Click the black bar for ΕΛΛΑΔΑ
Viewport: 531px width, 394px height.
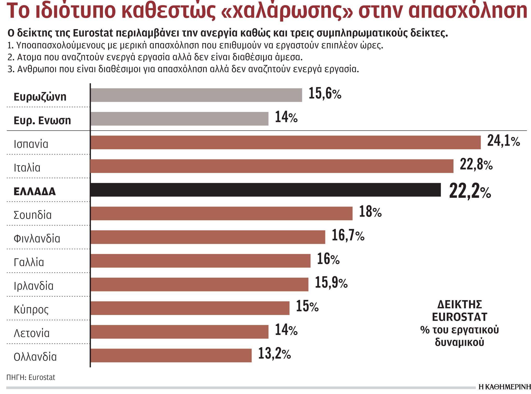pos(265,190)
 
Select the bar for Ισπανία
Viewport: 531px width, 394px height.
pos(285,142)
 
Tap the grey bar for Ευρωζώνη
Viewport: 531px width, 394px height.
pos(196,95)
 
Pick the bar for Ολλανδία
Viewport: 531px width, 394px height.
pos(171,355)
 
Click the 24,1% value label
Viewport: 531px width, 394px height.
pos(503,141)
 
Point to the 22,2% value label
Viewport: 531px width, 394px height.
pos(470,191)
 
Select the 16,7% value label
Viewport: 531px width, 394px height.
pos(348,235)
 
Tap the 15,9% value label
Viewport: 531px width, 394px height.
pos(331,283)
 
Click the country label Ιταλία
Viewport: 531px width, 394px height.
pos(27,168)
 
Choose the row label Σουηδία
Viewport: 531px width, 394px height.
pos(32,215)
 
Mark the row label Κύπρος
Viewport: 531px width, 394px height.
pos(31,310)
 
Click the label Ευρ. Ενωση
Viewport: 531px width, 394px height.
pos(42,121)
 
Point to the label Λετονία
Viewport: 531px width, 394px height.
pos(31,333)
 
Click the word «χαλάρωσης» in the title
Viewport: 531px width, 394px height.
pos(287,11)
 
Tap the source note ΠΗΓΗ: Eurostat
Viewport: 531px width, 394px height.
pos(31,377)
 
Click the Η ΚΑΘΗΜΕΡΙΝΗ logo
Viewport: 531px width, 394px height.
pos(504,387)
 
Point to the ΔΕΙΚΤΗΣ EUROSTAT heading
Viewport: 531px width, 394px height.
pos(459,311)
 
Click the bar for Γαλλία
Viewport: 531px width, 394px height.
pos(200,261)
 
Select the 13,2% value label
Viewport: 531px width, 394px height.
pos(274,354)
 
